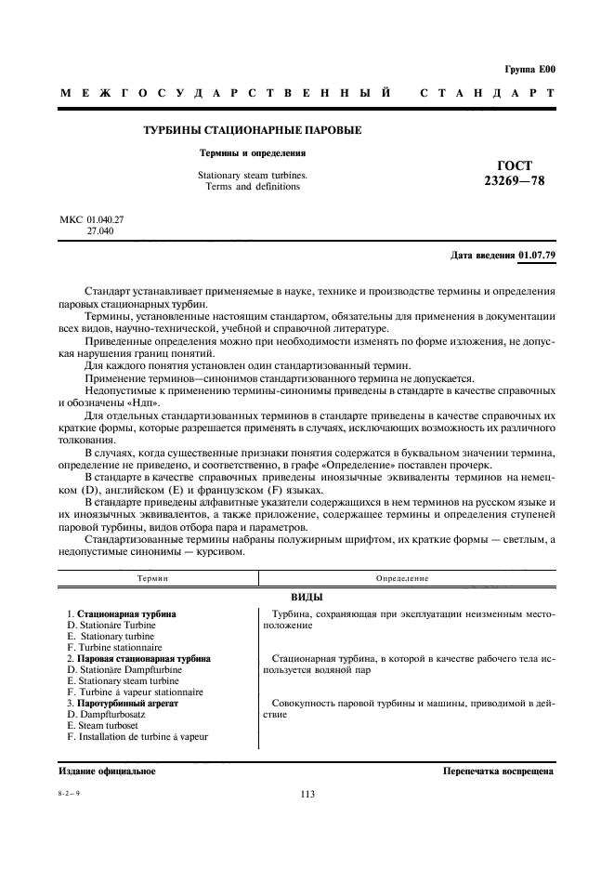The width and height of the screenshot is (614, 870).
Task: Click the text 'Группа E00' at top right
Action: click(529, 69)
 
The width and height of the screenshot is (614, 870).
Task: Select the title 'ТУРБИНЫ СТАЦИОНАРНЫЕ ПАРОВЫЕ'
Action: click(252, 130)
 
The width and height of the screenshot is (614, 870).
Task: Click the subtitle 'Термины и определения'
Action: click(254, 152)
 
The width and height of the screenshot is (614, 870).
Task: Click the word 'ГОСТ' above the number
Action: click(516, 165)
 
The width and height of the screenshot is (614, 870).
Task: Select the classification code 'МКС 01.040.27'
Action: click(92, 219)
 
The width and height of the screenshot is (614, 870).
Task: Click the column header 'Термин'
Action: click(153, 578)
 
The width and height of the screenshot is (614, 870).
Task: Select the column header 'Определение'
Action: click(401, 578)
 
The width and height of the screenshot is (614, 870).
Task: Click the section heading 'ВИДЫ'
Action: click(306, 597)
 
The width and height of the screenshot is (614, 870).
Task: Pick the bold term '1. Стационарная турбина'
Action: click(122, 614)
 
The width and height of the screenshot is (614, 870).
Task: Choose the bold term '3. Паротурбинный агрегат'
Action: click(123, 704)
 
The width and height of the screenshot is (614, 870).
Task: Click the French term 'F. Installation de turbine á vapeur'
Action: click(137, 737)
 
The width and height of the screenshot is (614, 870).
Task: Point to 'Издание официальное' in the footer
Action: click(107, 771)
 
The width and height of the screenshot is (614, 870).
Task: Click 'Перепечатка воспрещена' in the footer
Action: click(498, 771)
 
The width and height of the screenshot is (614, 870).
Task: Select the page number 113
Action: click(307, 794)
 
